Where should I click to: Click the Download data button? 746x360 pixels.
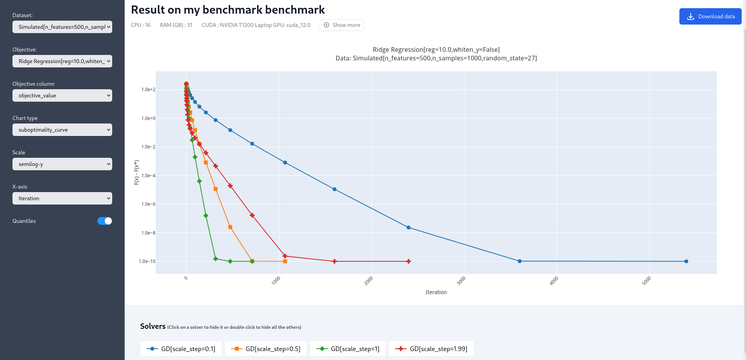pyautogui.click(x=710, y=16)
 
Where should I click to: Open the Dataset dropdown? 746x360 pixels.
pyautogui.click(x=62, y=27)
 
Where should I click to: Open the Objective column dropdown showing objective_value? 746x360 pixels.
pyautogui.click(x=62, y=95)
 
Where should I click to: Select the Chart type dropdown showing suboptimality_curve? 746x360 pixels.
pyautogui.click(x=62, y=130)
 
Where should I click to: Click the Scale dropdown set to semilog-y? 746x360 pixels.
pyautogui.click(x=62, y=164)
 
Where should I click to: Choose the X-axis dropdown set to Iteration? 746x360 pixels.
pyautogui.click(x=62, y=198)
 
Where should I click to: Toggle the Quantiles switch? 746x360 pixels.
pyautogui.click(x=104, y=221)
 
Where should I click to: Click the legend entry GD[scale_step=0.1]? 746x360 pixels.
pyautogui.click(x=181, y=349)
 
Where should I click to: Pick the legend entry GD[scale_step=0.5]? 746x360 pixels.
pyautogui.click(x=266, y=349)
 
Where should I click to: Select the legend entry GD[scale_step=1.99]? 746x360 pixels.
pyautogui.click(x=431, y=349)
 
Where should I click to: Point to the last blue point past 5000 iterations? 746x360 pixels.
pyautogui.click(x=686, y=261)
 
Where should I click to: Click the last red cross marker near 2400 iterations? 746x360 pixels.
pyautogui.click(x=408, y=261)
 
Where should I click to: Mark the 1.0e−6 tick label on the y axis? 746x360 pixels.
pyautogui.click(x=148, y=204)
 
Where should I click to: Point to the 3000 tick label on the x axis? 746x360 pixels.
pyautogui.click(x=461, y=281)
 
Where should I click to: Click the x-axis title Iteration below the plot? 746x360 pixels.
pyautogui.click(x=436, y=292)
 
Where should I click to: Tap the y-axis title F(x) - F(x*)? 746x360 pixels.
pyautogui.click(x=137, y=173)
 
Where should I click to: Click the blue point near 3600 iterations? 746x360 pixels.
pyautogui.click(x=520, y=261)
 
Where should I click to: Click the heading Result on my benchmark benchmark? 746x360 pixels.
pyautogui.click(x=228, y=10)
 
